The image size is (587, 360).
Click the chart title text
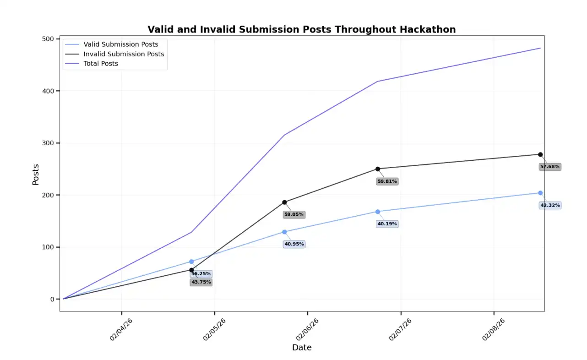(301, 30)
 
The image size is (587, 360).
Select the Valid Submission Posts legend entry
(120, 44)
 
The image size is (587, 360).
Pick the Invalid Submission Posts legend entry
(124, 54)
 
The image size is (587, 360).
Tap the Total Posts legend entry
(101, 64)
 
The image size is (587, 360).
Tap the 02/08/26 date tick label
(494, 330)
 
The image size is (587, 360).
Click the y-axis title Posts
(36, 175)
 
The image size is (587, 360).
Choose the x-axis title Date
(302, 348)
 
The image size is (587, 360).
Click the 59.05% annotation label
(293, 214)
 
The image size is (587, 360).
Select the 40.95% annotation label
(294, 244)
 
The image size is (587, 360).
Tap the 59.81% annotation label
(387, 181)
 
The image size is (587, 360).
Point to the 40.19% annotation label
(387, 224)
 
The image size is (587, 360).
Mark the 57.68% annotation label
(549, 167)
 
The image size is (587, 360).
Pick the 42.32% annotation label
(550, 205)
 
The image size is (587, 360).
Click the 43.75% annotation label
(201, 282)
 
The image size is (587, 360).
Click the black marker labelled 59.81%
(378, 169)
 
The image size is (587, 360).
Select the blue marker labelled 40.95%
(285, 232)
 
